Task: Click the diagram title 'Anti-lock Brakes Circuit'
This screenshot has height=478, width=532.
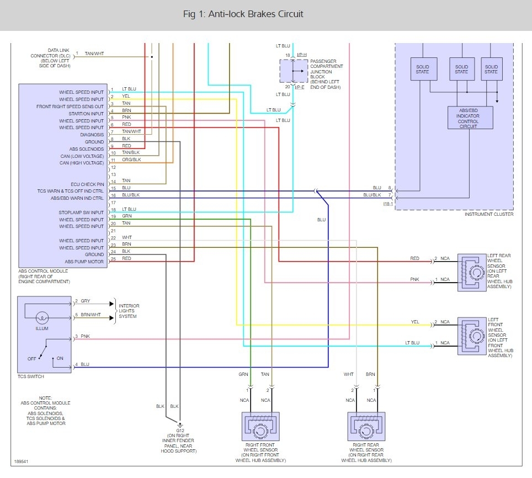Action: point(256,14)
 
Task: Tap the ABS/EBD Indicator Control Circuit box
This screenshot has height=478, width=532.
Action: point(470,118)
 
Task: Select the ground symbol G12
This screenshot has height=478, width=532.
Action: point(180,425)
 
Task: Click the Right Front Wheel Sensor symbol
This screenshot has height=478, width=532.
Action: point(260,427)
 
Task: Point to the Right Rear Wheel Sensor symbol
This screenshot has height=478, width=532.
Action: point(366,427)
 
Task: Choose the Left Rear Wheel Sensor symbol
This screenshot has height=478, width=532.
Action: point(472,273)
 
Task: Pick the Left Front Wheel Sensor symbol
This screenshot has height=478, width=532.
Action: point(472,336)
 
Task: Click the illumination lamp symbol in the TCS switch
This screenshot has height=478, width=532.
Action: point(42,318)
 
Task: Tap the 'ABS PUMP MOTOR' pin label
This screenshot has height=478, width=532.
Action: point(84,262)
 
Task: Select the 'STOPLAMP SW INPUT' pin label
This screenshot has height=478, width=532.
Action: point(81,213)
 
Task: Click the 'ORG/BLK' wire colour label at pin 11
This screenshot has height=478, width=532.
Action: point(131,160)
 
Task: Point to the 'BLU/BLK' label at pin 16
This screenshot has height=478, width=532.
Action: point(131,195)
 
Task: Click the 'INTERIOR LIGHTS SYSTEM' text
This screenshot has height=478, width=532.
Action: point(129,311)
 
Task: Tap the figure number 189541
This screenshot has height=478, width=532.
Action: point(21,461)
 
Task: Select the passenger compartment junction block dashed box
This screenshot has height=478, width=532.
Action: point(294,71)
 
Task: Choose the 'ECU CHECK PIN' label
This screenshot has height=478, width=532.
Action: point(87,184)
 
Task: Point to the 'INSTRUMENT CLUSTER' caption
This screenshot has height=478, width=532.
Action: point(489,214)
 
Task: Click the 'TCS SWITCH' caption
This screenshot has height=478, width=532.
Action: point(31,376)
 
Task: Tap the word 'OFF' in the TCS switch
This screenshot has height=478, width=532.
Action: point(31,359)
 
